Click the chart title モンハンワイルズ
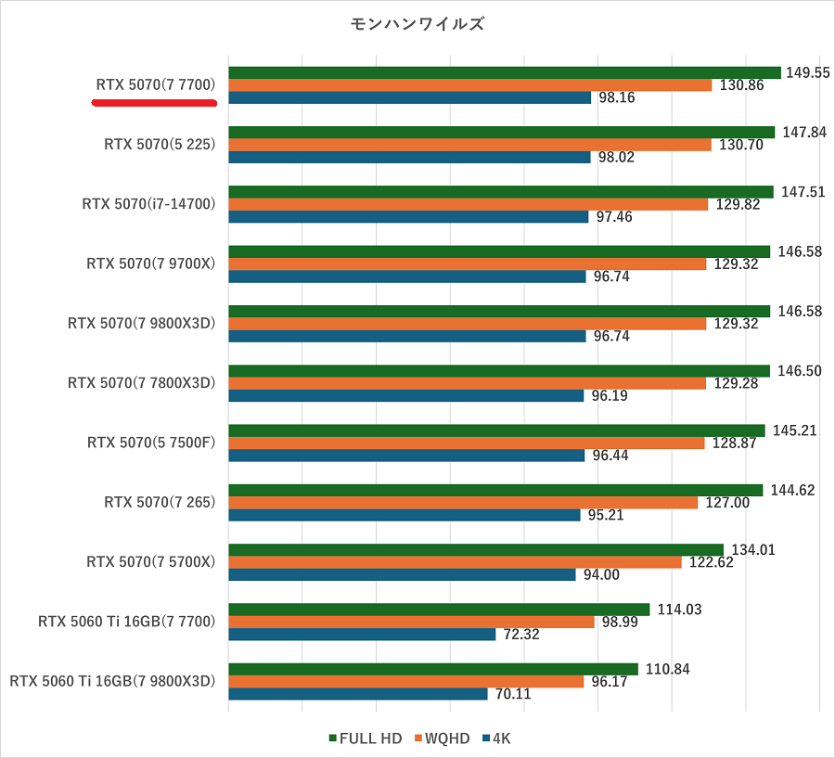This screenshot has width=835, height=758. (417, 24)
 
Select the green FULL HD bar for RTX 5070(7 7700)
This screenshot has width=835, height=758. (504, 72)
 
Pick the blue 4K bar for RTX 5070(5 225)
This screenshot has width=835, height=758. (409, 157)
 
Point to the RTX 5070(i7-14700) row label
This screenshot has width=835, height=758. (148, 204)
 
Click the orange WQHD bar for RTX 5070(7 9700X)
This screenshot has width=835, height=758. (468, 263)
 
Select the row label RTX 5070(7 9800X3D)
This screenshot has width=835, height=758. (141, 323)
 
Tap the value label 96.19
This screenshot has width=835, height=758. (610, 395)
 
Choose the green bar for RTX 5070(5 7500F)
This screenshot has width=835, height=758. (496, 430)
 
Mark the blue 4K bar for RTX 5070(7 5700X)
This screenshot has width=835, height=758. (402, 574)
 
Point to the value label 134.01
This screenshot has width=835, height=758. (752, 550)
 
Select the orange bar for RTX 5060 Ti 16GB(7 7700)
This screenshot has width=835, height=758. (411, 622)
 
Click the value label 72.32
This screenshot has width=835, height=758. (520, 635)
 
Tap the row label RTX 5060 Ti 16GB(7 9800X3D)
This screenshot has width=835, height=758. (112, 681)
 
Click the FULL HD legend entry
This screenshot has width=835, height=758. (366, 739)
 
